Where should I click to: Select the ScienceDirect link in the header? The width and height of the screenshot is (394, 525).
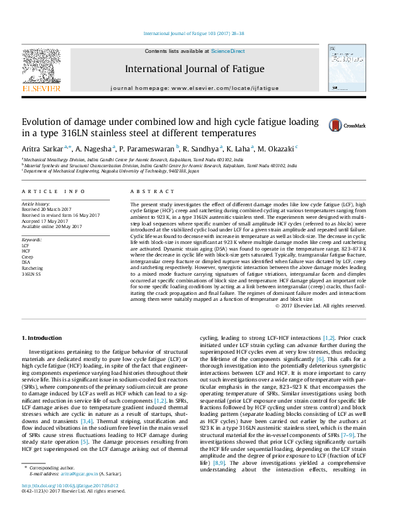(x=228, y=51)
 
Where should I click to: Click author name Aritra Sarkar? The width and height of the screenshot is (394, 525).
(x=46, y=149)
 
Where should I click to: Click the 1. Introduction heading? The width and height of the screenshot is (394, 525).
(x=45, y=339)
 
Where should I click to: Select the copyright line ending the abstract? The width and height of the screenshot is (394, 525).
(x=320, y=305)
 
